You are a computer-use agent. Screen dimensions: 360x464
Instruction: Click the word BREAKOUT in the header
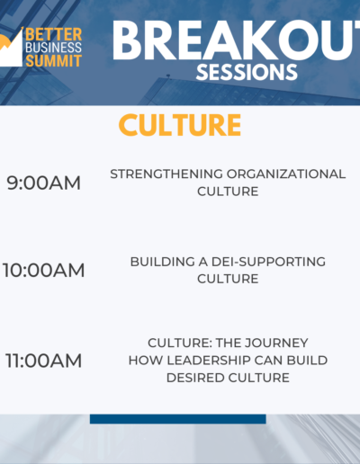[236, 40]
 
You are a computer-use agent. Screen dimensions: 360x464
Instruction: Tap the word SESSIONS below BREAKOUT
[247, 72]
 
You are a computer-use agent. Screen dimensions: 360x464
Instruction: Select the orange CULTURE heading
[180, 125]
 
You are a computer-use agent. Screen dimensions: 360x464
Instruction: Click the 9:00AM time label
[44, 183]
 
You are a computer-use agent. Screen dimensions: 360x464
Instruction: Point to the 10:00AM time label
[44, 270]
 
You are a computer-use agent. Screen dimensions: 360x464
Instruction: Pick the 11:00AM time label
[44, 361]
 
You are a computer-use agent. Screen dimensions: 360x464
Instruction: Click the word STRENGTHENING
[166, 174]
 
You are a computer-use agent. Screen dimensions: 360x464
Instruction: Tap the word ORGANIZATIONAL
[286, 174]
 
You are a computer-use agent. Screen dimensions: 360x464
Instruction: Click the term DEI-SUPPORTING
[268, 262]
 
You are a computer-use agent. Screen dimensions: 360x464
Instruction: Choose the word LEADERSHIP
[209, 361]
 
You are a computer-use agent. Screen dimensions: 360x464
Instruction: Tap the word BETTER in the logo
[54, 34]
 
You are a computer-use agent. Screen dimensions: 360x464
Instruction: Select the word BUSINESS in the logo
[54, 48]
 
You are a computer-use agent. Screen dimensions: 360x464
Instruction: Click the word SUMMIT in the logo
[54, 61]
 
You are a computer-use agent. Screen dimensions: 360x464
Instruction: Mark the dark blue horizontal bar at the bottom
[178, 419]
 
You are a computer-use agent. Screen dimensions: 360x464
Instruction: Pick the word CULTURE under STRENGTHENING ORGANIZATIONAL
[228, 192]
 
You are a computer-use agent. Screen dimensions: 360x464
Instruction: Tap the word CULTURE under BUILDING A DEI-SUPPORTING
[228, 279]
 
